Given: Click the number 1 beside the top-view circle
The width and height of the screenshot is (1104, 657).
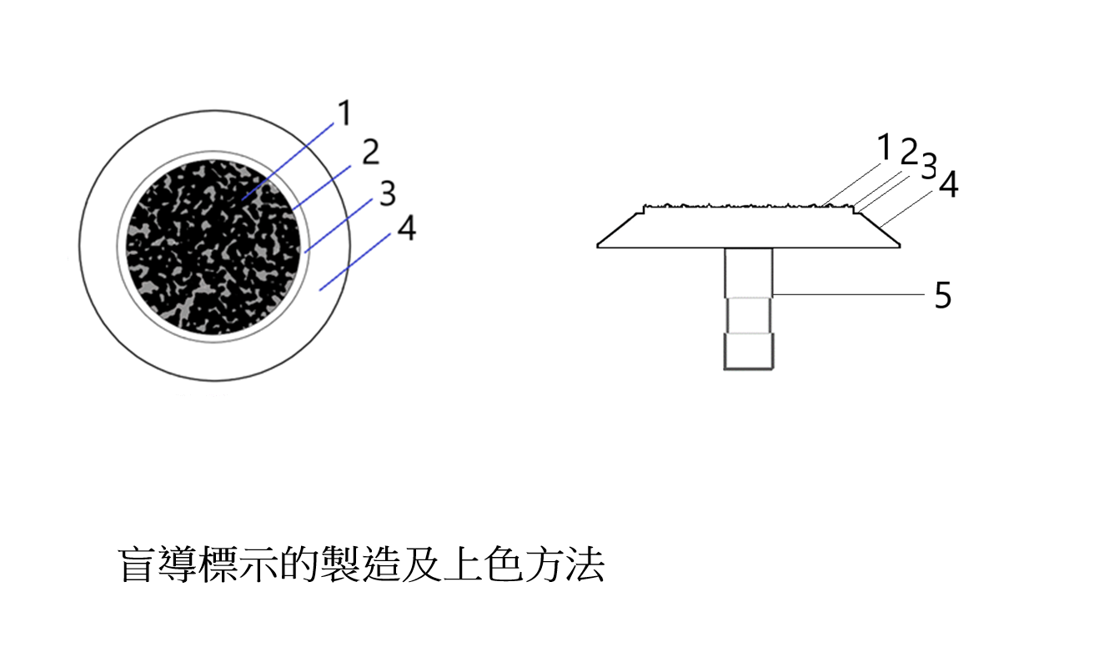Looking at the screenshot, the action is click(x=344, y=113).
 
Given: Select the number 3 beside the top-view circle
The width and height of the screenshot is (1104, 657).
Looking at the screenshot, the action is click(x=388, y=193).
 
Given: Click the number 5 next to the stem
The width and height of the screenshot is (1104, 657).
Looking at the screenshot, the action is click(x=943, y=295).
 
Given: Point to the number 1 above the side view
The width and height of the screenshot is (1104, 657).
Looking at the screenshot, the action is click(x=885, y=147).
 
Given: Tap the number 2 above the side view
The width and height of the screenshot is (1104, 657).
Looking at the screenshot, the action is click(x=910, y=151).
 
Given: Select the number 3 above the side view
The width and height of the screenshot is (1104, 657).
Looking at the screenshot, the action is click(x=929, y=166).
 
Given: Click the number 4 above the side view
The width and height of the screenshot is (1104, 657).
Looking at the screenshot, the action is click(x=949, y=184).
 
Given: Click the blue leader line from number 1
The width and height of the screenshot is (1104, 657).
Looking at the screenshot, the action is click(x=288, y=162).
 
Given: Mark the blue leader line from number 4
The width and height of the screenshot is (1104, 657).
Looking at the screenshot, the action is click(x=355, y=262).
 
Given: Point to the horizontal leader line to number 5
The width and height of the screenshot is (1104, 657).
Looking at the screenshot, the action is click(x=849, y=295).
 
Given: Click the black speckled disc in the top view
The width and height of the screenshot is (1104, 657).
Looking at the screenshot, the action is click(x=213, y=247).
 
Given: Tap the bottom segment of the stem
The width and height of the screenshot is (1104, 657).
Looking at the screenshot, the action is click(x=748, y=351).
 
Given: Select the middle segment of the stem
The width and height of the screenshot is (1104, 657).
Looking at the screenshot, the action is click(x=748, y=315).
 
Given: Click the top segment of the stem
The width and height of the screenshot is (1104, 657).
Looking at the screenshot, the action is click(x=748, y=272).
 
